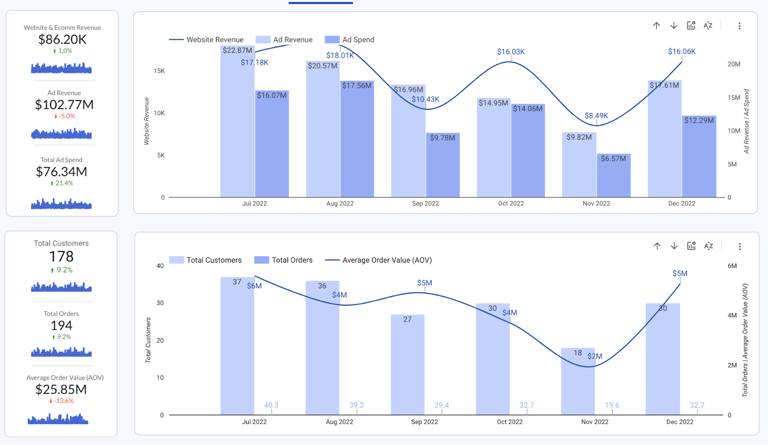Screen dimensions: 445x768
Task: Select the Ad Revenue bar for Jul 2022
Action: point(237,125)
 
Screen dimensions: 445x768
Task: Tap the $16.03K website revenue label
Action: point(511,52)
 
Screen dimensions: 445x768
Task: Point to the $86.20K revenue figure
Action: point(62,39)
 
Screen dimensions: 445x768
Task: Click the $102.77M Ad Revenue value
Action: point(64,105)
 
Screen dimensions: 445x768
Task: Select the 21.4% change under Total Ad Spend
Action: point(62,183)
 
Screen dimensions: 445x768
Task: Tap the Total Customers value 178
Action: point(61,257)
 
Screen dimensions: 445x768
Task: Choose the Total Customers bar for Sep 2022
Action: point(408,365)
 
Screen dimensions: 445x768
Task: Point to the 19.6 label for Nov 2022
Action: point(612,405)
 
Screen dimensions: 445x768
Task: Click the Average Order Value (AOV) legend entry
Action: point(387,260)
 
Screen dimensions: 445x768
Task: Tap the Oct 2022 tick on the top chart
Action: point(511,204)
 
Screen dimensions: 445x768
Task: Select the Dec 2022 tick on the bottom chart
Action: point(680,422)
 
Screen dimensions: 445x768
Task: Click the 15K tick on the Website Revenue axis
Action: point(159,71)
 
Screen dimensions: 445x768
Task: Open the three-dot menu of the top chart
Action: point(739,26)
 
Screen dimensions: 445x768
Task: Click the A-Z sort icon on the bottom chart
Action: point(708,246)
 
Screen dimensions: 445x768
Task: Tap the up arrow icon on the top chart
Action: point(657,25)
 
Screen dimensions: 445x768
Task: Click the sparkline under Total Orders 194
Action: point(61,352)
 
